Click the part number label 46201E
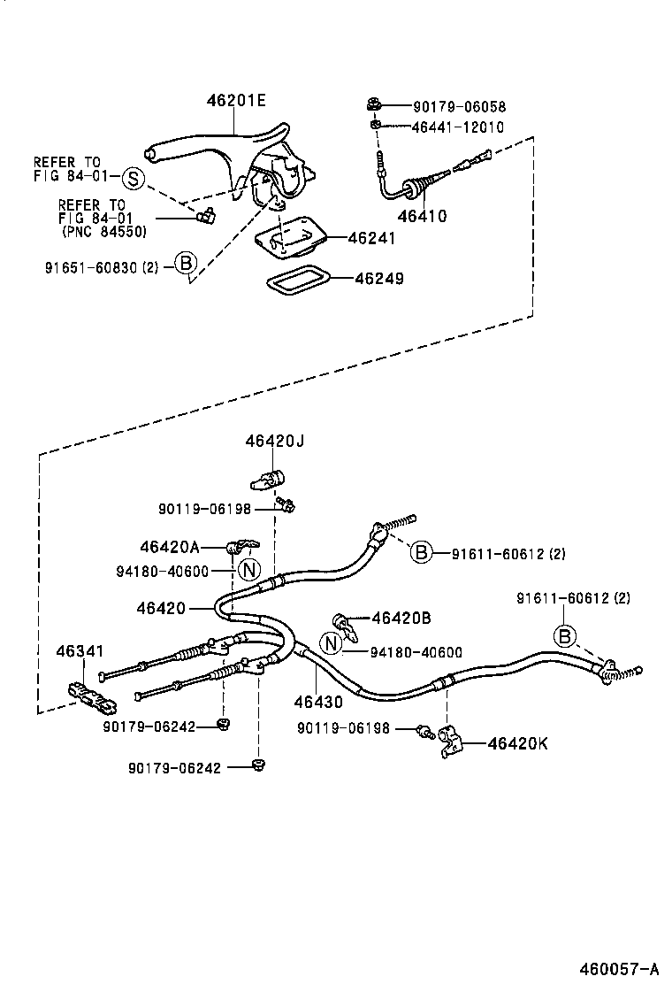(236, 101)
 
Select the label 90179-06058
(460, 106)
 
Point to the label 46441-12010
(457, 127)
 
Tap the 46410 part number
(422, 215)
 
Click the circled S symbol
(132, 178)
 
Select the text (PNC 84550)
(104, 232)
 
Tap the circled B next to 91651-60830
(184, 263)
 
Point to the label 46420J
(275, 440)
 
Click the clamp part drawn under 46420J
(265, 479)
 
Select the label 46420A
(170, 547)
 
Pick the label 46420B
(401, 617)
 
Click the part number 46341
(80, 651)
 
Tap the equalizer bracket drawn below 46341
(91, 698)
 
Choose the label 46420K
(517, 743)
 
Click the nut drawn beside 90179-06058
(375, 106)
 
